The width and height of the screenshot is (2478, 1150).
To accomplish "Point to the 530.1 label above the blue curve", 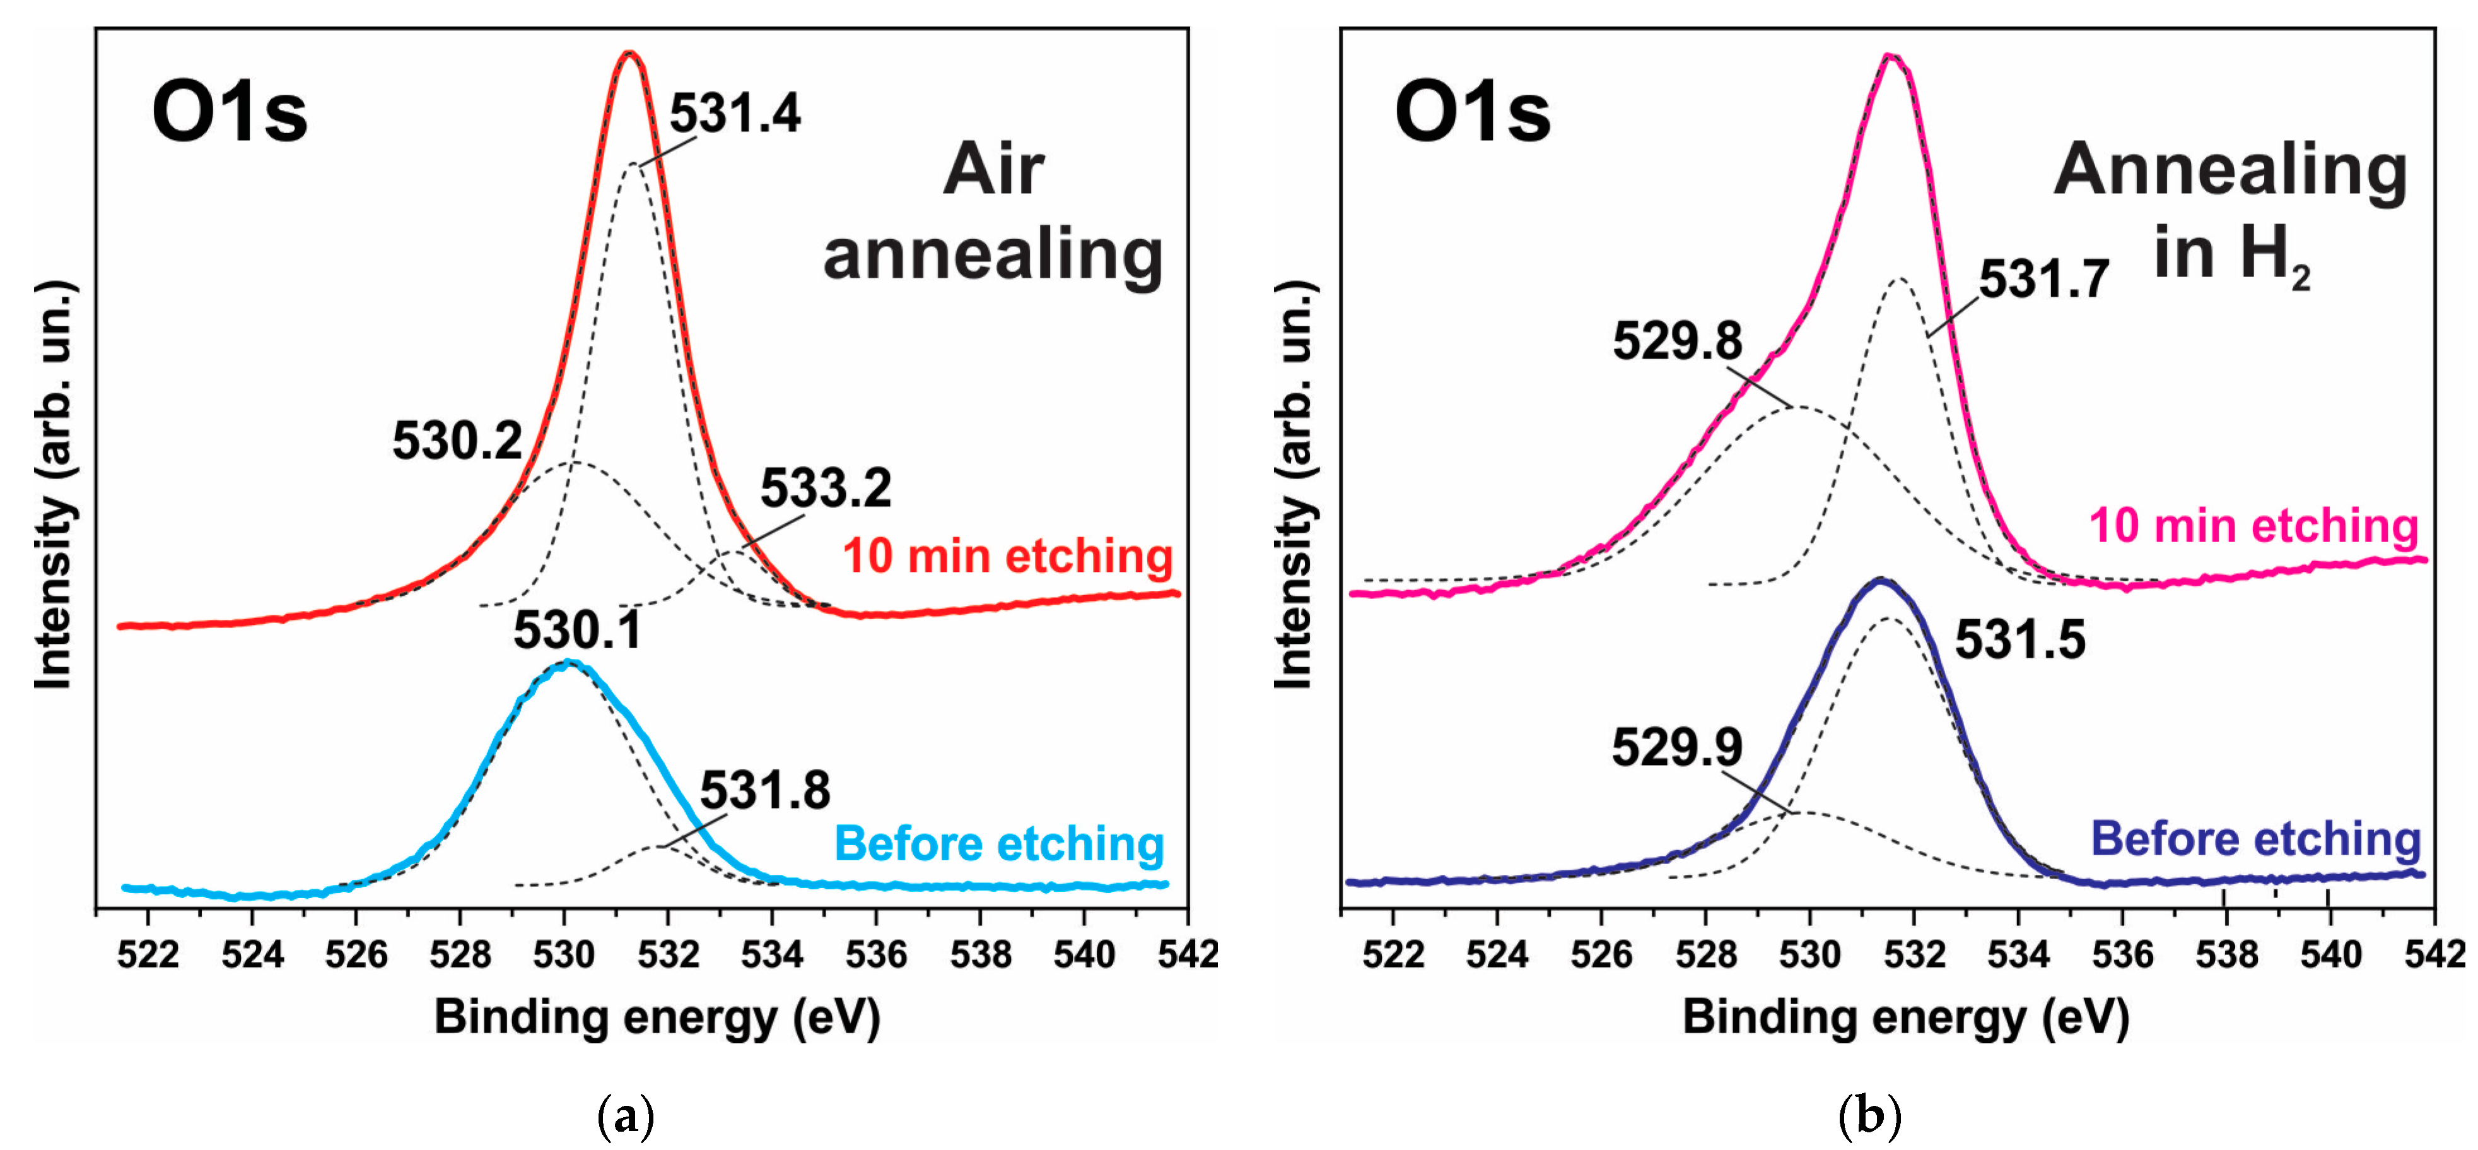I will (x=577, y=631).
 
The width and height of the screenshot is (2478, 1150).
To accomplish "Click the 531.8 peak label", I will (x=765, y=791).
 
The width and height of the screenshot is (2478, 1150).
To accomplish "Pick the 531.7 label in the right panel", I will (x=2043, y=280).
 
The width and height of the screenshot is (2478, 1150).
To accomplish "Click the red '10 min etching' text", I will (x=1007, y=556).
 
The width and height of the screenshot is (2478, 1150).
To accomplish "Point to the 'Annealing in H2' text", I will (x=2230, y=211).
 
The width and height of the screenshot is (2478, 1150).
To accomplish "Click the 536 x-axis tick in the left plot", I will (x=875, y=954).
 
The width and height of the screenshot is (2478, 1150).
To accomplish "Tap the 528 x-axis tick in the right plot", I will (x=1705, y=954).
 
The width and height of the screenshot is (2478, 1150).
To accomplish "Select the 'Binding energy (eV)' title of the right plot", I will (x=1905, y=1017).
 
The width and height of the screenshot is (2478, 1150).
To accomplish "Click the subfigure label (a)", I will (x=626, y=1117).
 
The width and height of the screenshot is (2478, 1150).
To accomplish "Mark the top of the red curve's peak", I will (x=629, y=53).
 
